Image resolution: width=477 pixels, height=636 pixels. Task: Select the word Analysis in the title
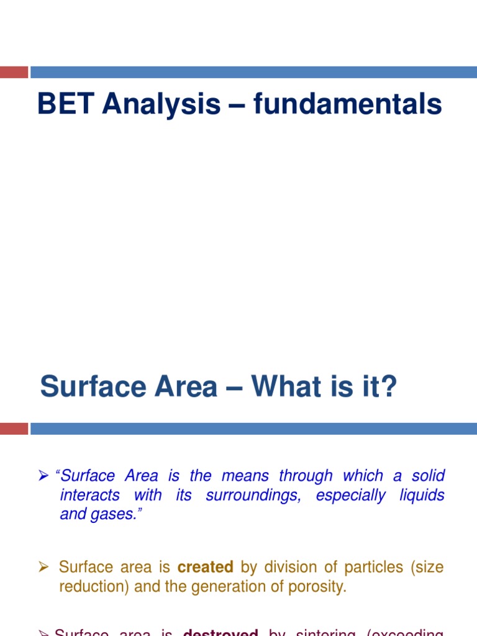coord(161,105)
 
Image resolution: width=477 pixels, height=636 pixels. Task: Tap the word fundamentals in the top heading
coord(347,104)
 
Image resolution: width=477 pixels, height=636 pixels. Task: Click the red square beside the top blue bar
coord(14,72)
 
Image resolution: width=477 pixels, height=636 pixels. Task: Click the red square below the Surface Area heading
coord(14,429)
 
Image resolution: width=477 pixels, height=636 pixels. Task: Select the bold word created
coord(205,567)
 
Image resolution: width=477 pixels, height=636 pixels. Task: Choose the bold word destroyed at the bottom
coord(220,632)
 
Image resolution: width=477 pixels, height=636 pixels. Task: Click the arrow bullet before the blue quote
coord(44,476)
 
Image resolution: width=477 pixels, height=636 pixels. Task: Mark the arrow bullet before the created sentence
coord(44,568)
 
